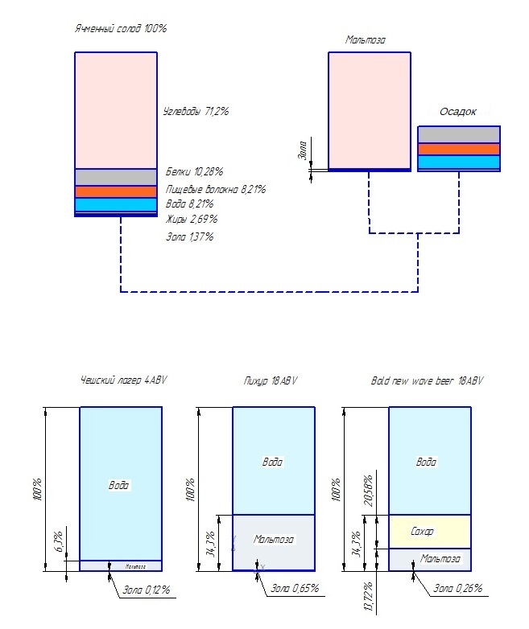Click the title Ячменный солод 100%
[120, 29]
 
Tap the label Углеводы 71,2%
[196, 112]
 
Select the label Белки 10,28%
[194, 172]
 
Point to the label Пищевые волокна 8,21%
[215, 189]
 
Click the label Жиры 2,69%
[192, 219]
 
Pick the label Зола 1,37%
[189, 237]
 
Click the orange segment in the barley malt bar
[115, 191]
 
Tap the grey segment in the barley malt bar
[115, 177]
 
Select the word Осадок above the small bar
[459, 112]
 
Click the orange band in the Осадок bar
[459, 149]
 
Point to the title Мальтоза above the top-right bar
[366, 39]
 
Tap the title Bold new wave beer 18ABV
[427, 381]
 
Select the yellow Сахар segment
[430, 532]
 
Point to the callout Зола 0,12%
[146, 590]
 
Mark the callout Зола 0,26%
[457, 588]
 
